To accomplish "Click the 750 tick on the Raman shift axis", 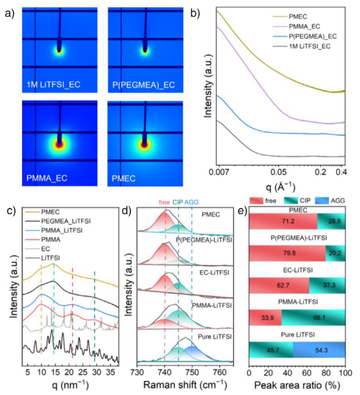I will pos(192,371).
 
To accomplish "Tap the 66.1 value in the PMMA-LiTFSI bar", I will pos(313,317).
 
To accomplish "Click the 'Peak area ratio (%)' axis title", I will pos(297,384).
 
